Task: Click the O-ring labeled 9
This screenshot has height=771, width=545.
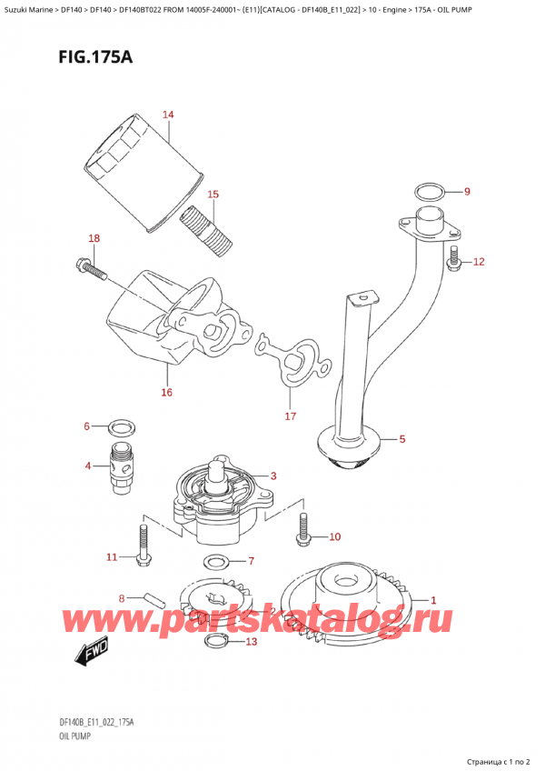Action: [429, 192]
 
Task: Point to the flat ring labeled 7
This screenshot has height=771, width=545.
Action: [216, 560]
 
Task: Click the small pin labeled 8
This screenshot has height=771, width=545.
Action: [155, 601]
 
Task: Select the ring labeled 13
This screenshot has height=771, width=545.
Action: [216, 642]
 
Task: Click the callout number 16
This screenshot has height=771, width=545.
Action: [166, 392]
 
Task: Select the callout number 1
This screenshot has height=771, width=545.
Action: [433, 599]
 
